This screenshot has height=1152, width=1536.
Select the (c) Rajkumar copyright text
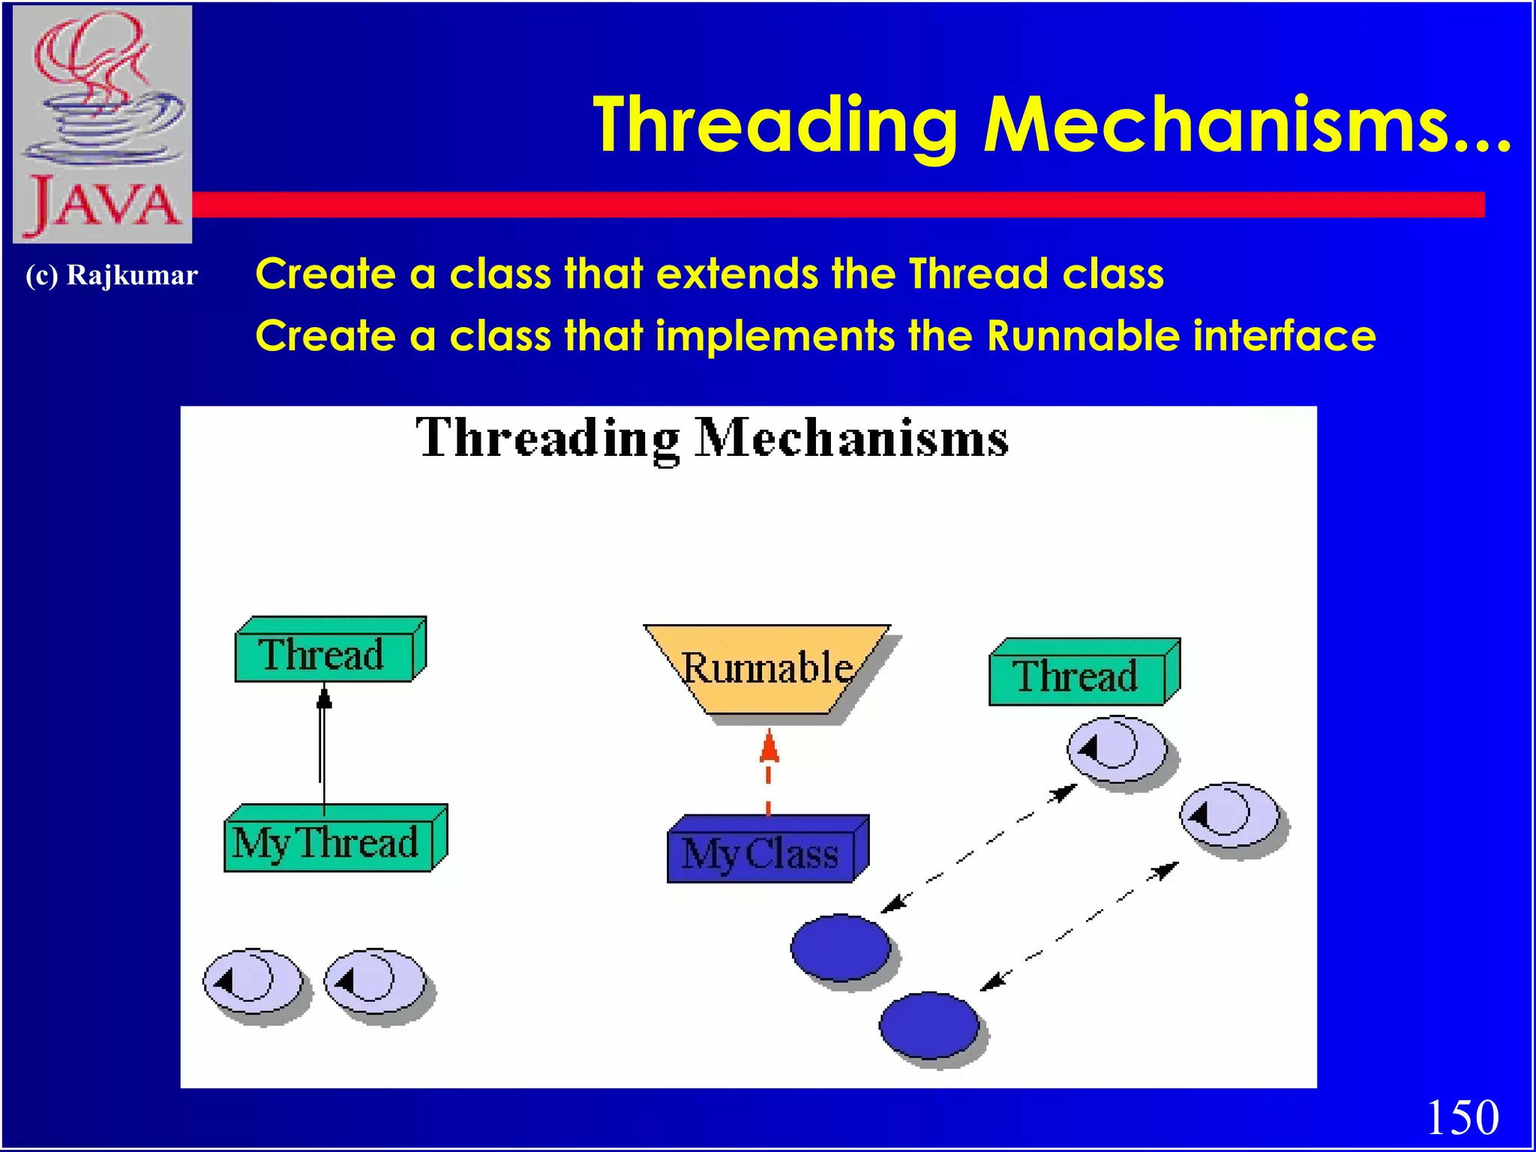(112, 275)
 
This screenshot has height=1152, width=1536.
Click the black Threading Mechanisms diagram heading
(712, 438)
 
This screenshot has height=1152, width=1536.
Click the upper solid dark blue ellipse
(841, 947)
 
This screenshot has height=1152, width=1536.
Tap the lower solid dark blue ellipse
(929, 1024)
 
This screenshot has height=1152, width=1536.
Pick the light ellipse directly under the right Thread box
(1117, 749)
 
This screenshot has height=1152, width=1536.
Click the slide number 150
(1462, 1117)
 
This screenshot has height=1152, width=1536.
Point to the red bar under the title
(825, 205)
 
